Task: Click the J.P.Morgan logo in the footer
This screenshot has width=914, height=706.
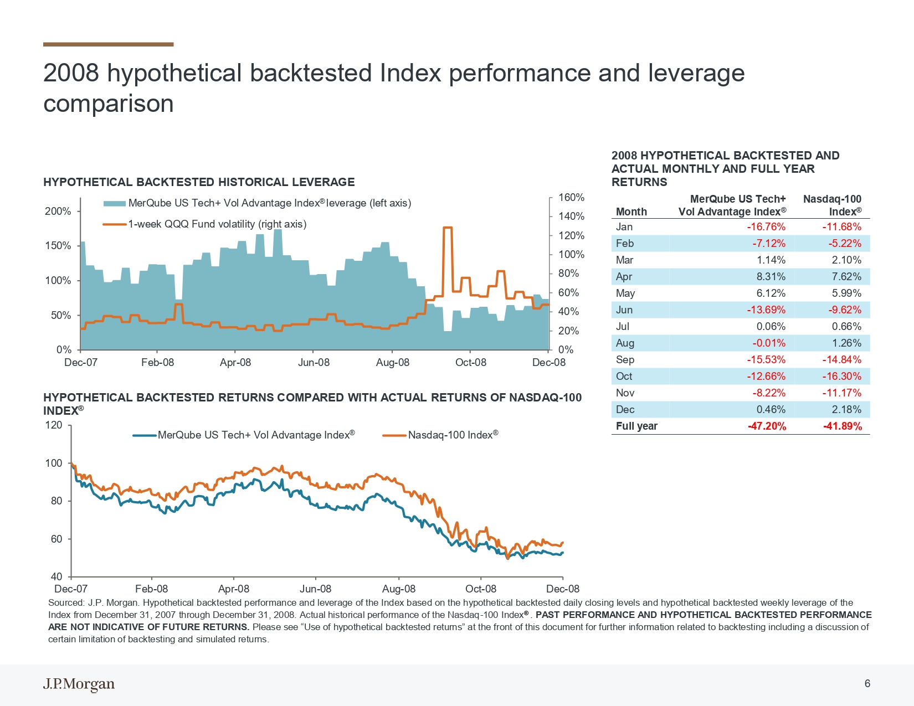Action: pos(79,684)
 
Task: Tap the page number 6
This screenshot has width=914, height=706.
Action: pos(867,684)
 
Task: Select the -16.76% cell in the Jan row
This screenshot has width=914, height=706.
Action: pos(766,227)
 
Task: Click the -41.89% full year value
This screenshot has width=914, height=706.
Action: pos(842,426)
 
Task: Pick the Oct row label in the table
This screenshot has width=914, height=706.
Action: pos(624,377)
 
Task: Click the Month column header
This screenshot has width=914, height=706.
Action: pos(631,212)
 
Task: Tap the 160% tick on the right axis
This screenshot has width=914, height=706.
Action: pos(571,197)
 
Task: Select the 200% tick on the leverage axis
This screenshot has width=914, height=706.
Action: pos(58,211)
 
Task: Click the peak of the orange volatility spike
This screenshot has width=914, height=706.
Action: pos(448,228)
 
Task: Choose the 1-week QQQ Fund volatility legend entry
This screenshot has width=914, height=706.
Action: pos(204,224)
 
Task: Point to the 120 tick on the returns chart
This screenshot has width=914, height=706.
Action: pos(53,425)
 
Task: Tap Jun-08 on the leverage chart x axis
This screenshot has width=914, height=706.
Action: pos(314,363)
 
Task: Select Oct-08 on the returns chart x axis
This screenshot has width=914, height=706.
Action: pos(481,589)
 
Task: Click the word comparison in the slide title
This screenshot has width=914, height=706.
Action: pos(109,104)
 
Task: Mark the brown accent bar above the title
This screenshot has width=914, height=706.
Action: pos(109,44)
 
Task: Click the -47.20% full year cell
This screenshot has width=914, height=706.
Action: pos(766,426)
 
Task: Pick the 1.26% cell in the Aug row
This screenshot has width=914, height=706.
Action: pos(847,343)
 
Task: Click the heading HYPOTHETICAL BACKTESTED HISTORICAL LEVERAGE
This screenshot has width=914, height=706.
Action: pos(199,182)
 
